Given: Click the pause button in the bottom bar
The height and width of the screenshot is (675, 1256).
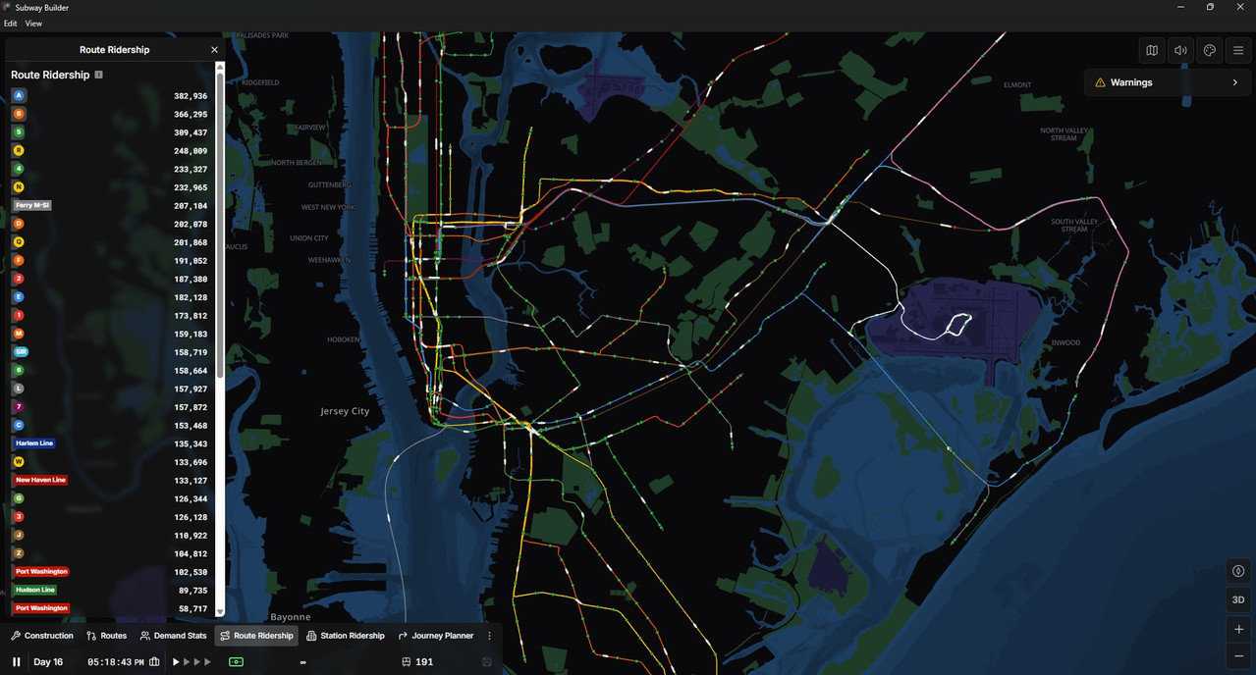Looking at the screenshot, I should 17,662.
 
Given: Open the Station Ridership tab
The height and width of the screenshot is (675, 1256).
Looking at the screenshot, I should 345,636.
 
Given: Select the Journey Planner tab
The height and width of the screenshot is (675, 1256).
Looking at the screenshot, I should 436,636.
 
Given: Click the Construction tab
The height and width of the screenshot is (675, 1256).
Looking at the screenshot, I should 42,636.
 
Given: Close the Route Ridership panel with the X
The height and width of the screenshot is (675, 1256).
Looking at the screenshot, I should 215,50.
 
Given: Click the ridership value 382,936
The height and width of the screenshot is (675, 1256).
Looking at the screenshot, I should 191,96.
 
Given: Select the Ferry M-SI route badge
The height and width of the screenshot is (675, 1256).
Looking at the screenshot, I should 32,205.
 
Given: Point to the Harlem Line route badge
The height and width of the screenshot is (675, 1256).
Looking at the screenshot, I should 34,443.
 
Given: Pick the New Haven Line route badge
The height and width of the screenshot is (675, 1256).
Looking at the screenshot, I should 40,480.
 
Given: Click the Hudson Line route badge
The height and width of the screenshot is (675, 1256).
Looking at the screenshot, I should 35,590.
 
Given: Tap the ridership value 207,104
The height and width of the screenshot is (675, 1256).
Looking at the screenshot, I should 191,206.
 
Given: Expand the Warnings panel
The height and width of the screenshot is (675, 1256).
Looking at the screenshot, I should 1167,82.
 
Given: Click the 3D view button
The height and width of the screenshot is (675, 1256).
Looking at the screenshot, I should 1238,599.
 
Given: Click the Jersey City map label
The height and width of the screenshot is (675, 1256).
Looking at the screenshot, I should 345,411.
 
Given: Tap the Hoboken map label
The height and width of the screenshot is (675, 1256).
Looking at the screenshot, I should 344,339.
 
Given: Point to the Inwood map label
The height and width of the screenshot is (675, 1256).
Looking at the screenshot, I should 1065,342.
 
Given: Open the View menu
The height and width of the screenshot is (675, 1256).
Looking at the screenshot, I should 33,24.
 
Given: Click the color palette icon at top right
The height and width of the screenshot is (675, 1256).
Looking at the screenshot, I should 1210,50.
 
